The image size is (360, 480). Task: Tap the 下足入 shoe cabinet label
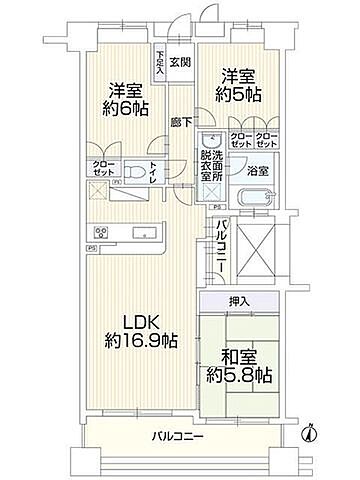[x=159, y=62]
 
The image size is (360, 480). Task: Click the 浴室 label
[x=257, y=169]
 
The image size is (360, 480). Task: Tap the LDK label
[x=142, y=322]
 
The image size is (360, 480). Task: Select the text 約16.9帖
[x=142, y=341]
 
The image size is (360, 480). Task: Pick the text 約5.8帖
[x=238, y=377]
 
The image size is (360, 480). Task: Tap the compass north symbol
[x=310, y=433]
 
